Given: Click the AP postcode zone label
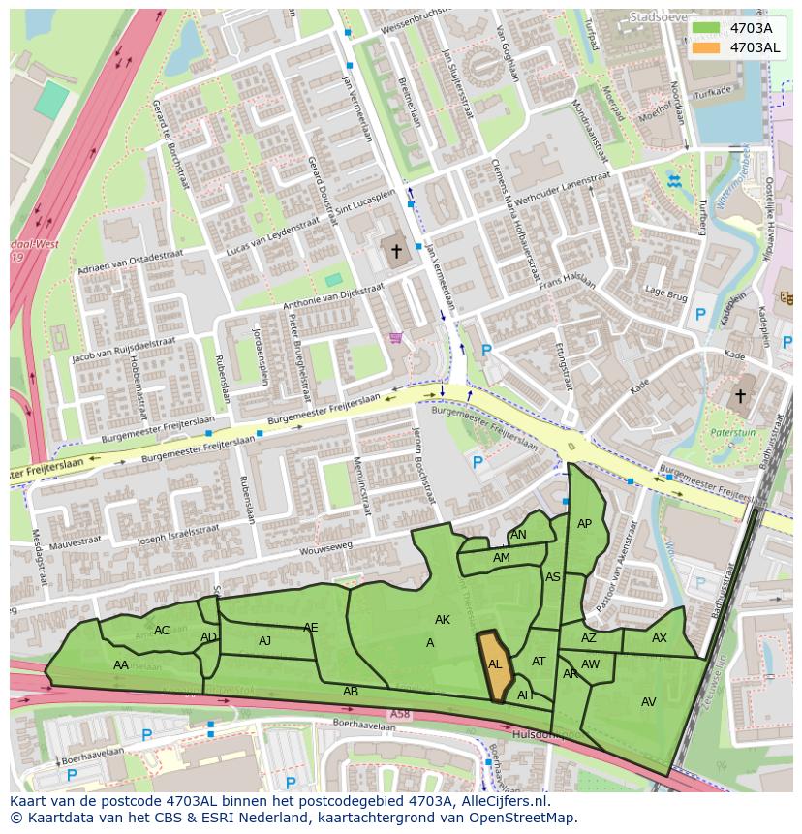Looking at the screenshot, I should pos(584,524).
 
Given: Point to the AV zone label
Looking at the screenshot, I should pos(648,701).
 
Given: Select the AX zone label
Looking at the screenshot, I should pos(659,638).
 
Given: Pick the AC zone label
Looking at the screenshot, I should pos(162,631).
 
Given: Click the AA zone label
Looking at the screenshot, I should pos(121,665).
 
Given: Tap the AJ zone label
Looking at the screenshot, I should pos(264,640).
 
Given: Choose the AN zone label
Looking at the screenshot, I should pos(518,535).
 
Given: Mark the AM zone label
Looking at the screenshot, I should pos(501,558).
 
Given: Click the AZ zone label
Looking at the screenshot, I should pos(589,638).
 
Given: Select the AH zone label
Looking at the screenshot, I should pos(525,695).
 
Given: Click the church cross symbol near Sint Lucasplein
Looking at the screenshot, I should pos(395,252).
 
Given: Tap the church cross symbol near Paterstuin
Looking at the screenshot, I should pos(740,396).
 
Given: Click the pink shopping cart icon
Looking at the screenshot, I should pos(395,338).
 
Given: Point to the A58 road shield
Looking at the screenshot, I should pos(399,714).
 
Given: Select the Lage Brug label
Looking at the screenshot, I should pos(665,293).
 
